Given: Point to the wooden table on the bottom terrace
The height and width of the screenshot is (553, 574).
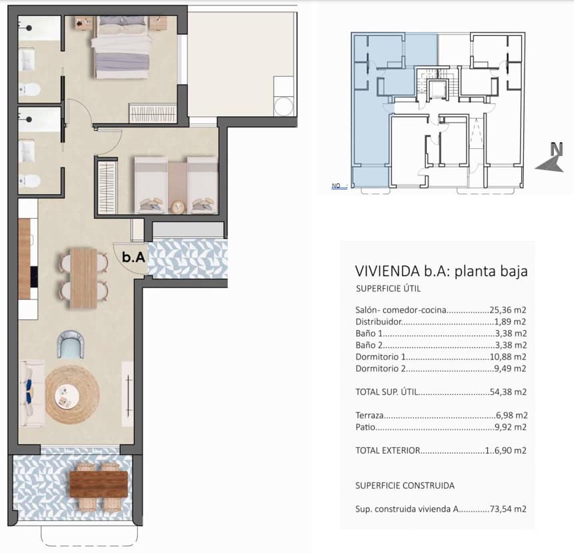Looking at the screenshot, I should pyautogui.click(x=98, y=484).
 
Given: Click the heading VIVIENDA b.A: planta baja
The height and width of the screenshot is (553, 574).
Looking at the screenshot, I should pyautogui.click(x=441, y=271).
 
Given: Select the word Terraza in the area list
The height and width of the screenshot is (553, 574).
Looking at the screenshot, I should pyautogui.click(x=371, y=415).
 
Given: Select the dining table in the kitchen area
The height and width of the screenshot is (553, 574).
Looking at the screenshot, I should pyautogui.click(x=84, y=277).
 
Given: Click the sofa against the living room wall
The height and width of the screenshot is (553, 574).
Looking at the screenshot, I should pyautogui.click(x=31, y=394).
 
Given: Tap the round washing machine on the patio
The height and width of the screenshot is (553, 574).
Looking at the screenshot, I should pyautogui.click(x=284, y=107).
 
